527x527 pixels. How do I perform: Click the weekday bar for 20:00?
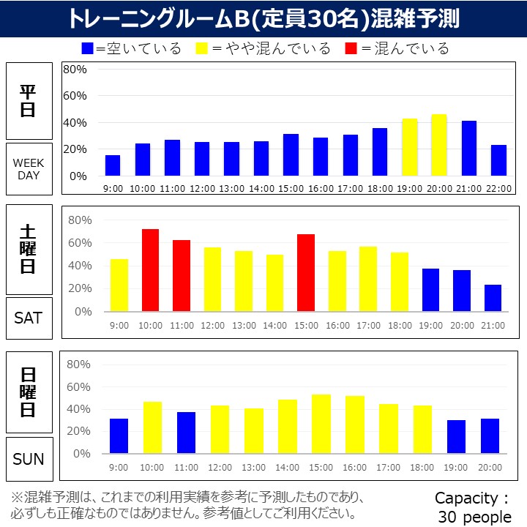tap(439, 145)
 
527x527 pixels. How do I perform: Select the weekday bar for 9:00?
tap(112, 165)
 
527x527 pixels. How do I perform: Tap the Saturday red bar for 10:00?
tap(150, 270)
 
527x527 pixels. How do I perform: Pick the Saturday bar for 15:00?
tap(306, 272)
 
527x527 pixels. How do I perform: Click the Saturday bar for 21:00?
tap(493, 298)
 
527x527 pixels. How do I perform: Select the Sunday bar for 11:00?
tap(186, 433)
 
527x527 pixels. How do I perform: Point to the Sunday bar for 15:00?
tap(321, 424)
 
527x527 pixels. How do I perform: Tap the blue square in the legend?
tap(88, 49)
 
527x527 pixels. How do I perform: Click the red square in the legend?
tap(353, 49)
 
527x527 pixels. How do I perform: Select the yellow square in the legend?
tap(202, 49)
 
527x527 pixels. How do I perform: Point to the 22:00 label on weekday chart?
tap(498, 188)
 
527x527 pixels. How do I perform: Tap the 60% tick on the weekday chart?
tap(75, 96)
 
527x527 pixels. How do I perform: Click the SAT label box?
tap(29, 318)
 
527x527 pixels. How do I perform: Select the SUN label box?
tap(29, 459)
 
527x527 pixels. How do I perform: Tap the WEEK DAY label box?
tap(29, 169)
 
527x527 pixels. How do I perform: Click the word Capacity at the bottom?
tap(467, 498)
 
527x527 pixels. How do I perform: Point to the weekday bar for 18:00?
tap(380, 152)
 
